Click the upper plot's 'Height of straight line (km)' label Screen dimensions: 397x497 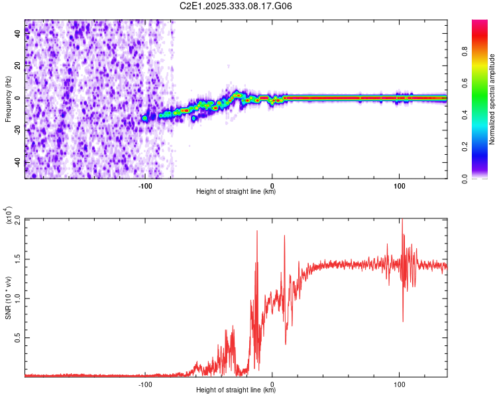click(x=236, y=192)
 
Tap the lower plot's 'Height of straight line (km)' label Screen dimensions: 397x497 click(x=236, y=390)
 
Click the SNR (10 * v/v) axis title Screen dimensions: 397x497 click(x=8, y=297)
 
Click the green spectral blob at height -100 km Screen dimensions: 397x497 click(x=145, y=118)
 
